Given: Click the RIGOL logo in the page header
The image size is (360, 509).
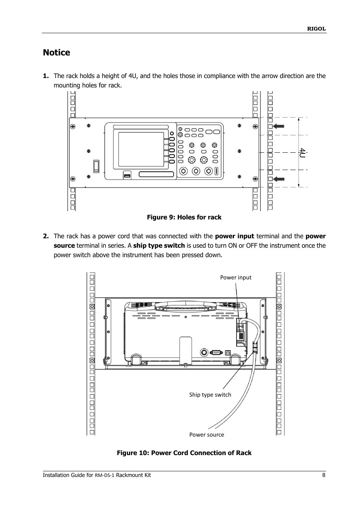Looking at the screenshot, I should click(x=316, y=29).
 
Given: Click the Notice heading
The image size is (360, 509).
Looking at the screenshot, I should click(x=57, y=53).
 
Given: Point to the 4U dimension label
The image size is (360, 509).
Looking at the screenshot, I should click(x=302, y=153).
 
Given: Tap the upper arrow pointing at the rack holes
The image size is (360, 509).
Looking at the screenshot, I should click(x=278, y=126).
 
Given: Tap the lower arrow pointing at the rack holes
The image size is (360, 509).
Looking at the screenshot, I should click(x=278, y=179).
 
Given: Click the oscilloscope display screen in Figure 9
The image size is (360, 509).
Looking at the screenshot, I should click(x=141, y=149).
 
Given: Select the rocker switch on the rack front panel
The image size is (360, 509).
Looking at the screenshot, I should click(x=96, y=166).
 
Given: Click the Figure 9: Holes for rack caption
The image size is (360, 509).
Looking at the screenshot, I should click(x=184, y=217).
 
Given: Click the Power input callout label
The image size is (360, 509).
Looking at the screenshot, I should click(x=235, y=277).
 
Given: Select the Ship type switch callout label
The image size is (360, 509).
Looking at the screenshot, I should click(x=210, y=395).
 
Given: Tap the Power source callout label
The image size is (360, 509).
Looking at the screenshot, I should click(x=206, y=435).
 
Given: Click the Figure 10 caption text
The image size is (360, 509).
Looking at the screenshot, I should click(x=184, y=453).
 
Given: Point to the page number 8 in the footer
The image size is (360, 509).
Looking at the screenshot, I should click(x=323, y=475).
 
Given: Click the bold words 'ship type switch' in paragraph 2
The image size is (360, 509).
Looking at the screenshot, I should click(x=159, y=245).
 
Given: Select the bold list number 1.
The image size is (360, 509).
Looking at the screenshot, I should click(x=46, y=76).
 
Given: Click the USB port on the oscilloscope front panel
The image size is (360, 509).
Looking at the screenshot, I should click(x=127, y=175).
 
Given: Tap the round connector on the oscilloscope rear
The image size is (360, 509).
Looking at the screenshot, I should click(x=204, y=352).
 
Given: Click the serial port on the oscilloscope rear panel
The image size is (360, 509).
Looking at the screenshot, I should click(x=216, y=353).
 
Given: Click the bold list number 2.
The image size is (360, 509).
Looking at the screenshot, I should click(x=46, y=236).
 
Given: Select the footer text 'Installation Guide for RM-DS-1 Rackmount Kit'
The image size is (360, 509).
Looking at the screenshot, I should click(x=97, y=475).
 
